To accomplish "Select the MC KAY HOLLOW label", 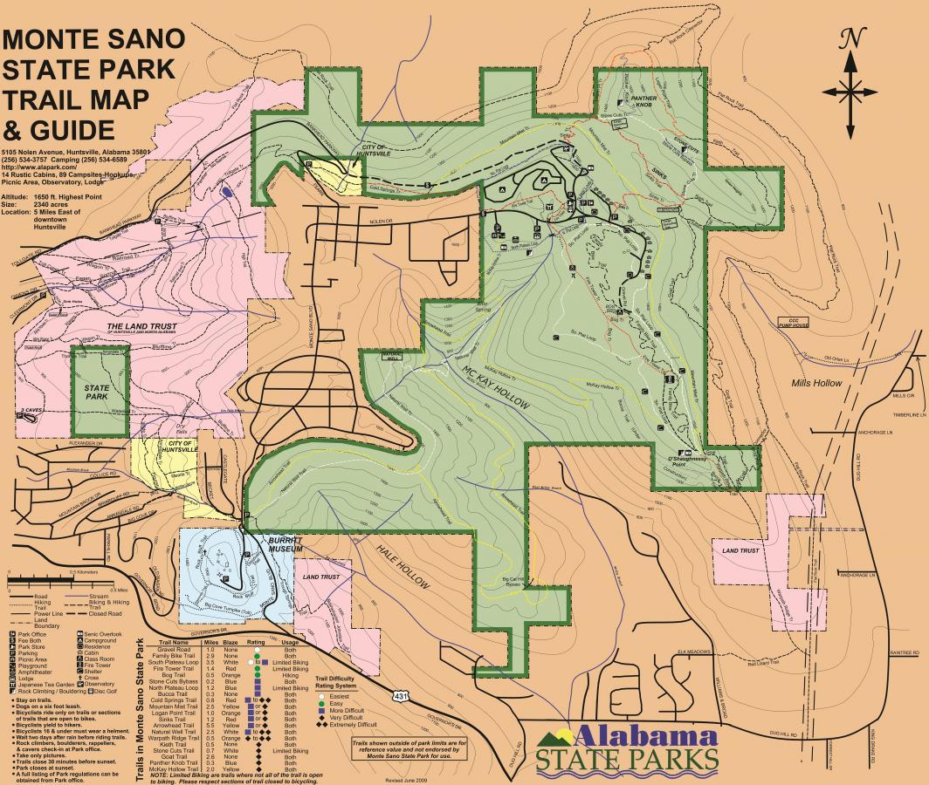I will [x=479, y=389].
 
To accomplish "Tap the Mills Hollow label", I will [x=817, y=383].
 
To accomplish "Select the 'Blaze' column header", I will [x=230, y=642].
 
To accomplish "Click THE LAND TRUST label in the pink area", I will [x=140, y=328].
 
